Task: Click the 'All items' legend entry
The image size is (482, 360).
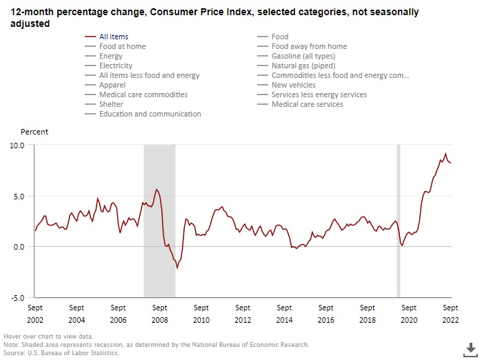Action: (x=113, y=37)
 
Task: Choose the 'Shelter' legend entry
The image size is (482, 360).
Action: (x=112, y=104)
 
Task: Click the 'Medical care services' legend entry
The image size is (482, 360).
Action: (x=307, y=104)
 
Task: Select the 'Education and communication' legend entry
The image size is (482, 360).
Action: (x=150, y=114)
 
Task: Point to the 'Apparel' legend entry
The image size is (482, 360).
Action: (x=113, y=85)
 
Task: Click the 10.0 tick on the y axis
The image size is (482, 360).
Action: (x=16, y=146)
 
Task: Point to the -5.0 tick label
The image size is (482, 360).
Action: (x=17, y=297)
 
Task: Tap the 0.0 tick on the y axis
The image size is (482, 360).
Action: (x=18, y=247)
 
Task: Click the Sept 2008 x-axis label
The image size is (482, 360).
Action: (x=159, y=314)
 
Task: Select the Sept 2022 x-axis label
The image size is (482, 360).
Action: (x=450, y=314)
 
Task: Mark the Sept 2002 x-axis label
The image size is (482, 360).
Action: (x=35, y=314)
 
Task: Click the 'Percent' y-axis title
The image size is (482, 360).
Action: (x=34, y=131)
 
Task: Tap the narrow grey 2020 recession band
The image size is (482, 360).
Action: (x=398, y=221)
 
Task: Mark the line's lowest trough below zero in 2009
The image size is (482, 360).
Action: (x=177, y=268)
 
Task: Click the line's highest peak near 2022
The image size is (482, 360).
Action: (x=445, y=154)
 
